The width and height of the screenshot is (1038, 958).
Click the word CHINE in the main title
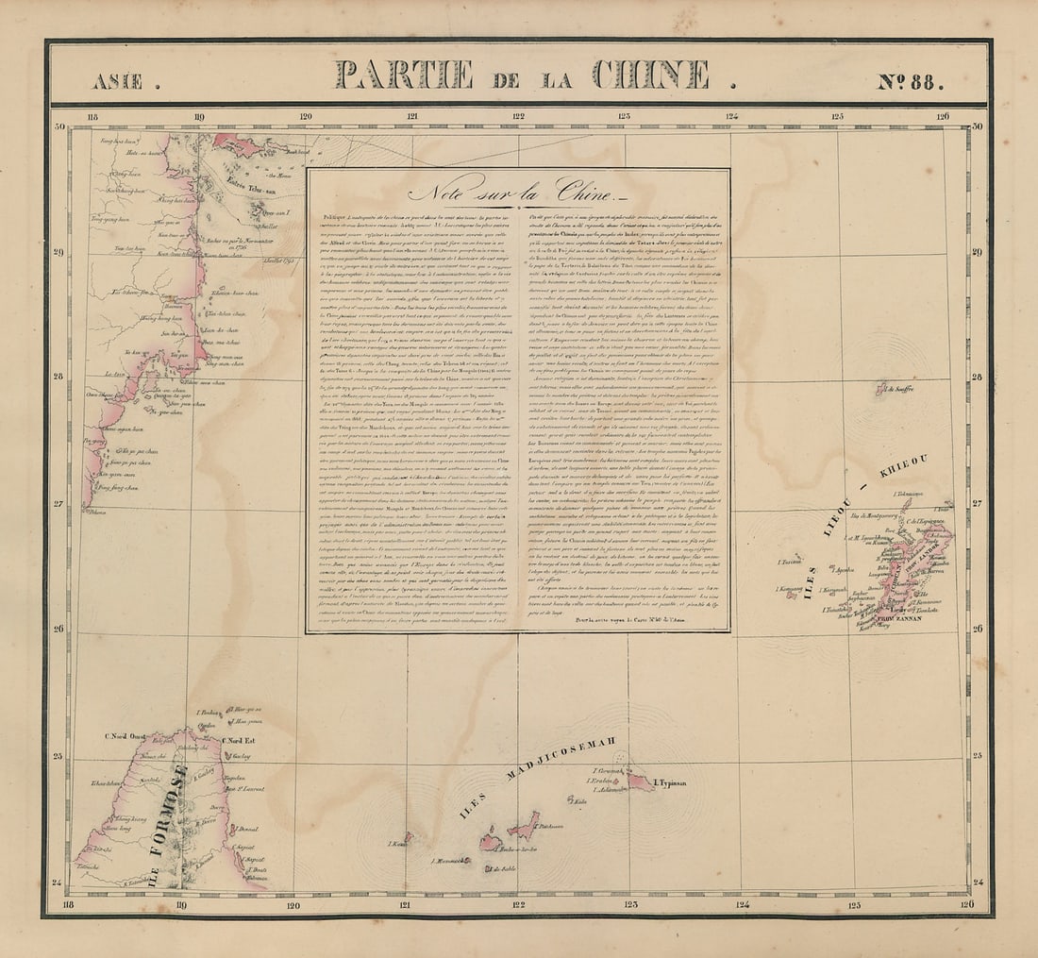click(652, 75)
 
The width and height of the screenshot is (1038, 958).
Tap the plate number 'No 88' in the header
click(911, 81)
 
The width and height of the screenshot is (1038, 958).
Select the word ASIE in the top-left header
click(119, 82)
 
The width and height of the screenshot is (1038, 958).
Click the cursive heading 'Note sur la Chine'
click(517, 192)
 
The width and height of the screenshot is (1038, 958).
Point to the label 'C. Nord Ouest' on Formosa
click(126, 736)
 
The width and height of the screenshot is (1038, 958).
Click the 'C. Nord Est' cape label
click(239, 740)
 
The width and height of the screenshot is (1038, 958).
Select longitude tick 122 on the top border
click(518, 117)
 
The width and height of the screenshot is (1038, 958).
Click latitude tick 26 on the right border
click(977, 630)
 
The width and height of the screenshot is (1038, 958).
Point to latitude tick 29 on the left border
click(59, 252)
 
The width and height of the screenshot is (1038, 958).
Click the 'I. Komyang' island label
click(788, 593)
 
